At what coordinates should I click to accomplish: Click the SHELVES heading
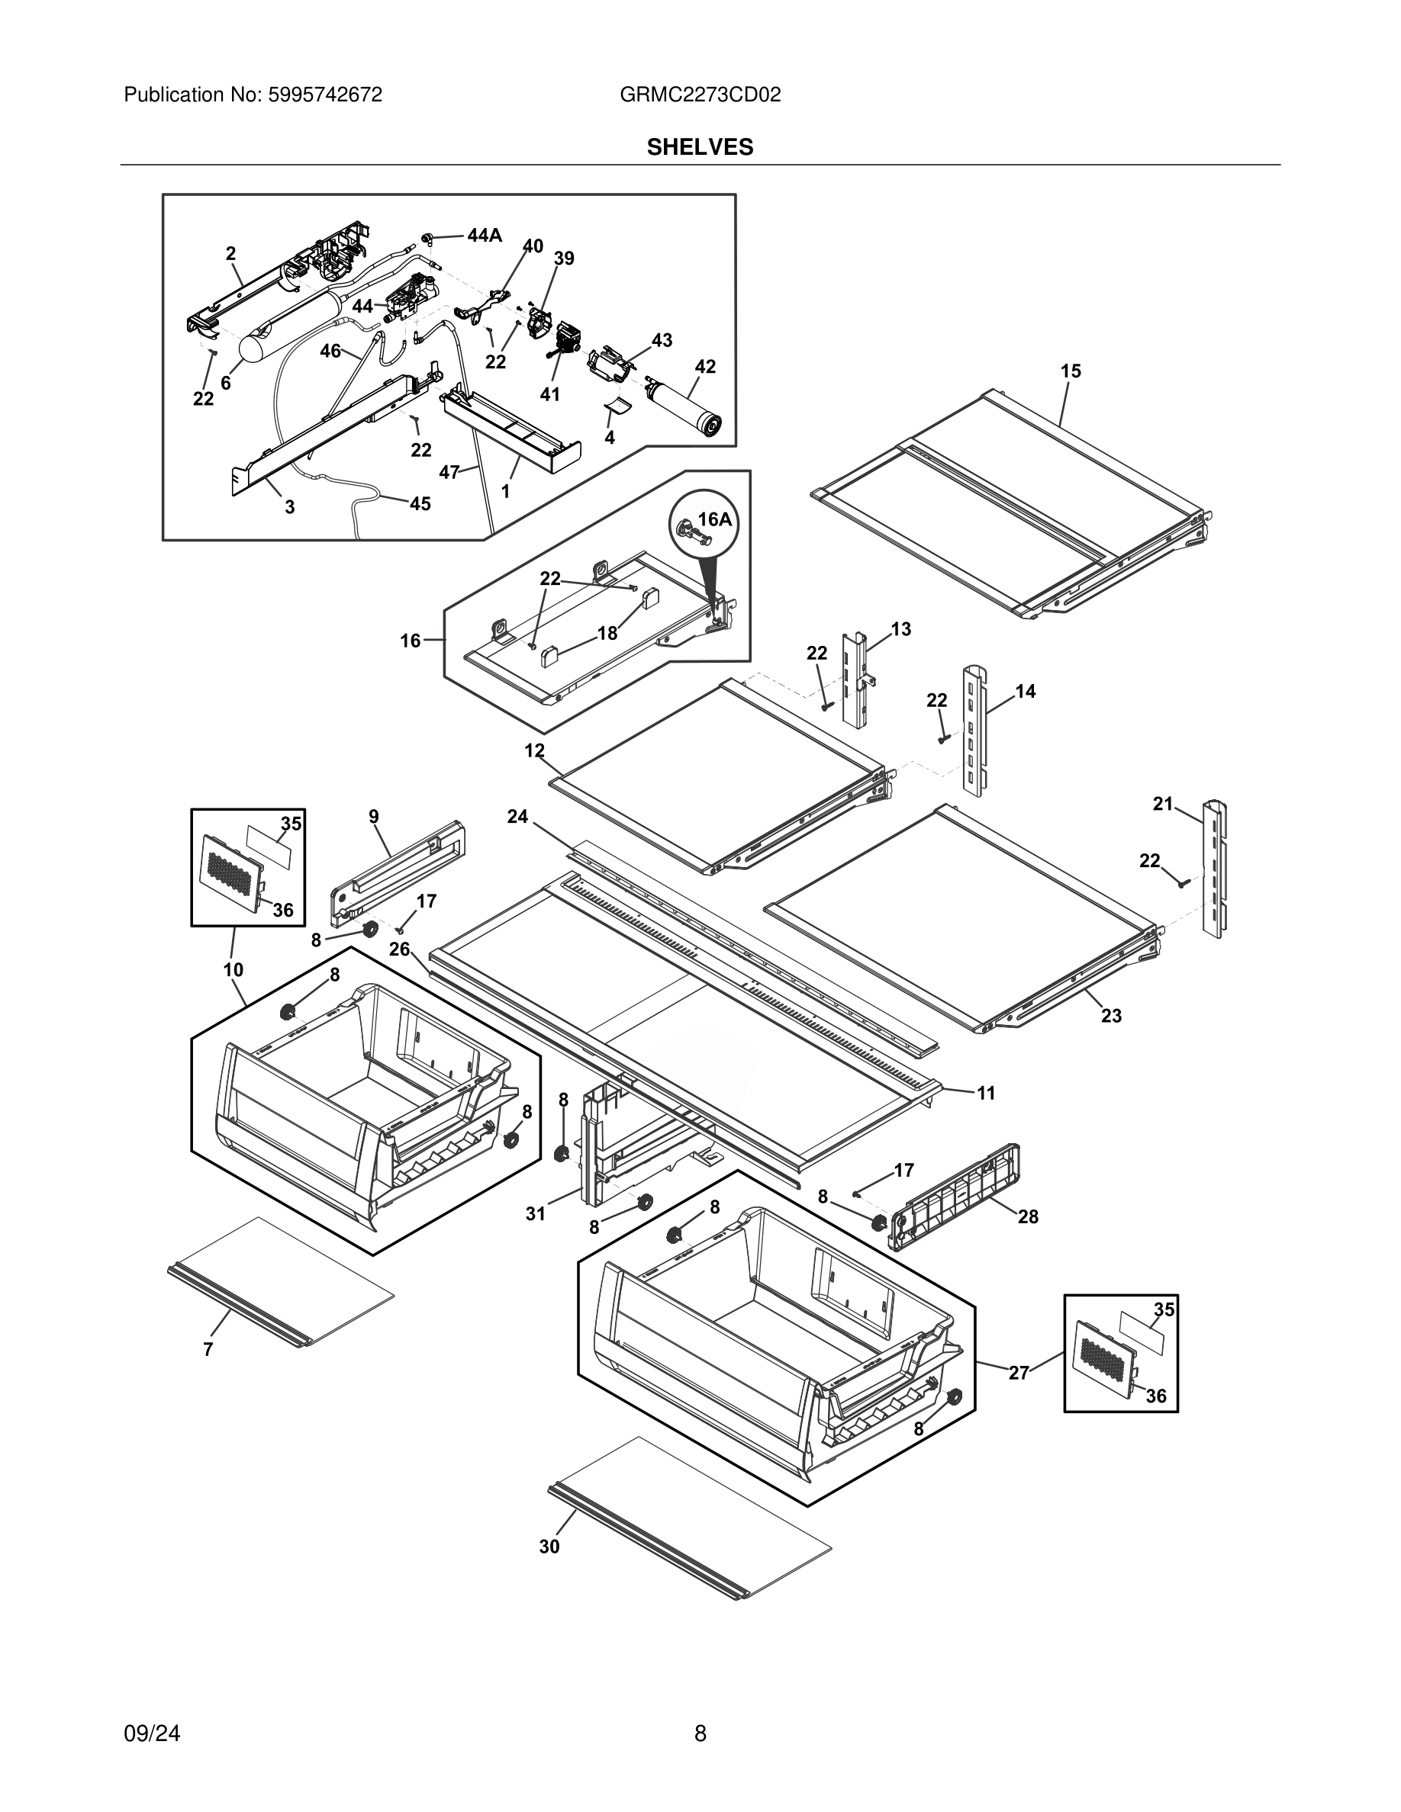click(700, 147)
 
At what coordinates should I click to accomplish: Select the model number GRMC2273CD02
click(700, 95)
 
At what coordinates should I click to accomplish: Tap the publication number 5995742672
click(324, 95)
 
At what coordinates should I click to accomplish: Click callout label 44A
click(485, 236)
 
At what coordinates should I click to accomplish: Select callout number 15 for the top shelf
click(1071, 371)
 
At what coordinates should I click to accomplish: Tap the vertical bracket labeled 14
click(976, 730)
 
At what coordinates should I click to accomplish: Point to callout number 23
click(1110, 1016)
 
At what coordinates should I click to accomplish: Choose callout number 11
click(985, 1094)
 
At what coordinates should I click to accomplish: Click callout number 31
click(536, 1214)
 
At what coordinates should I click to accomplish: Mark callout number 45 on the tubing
click(420, 503)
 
